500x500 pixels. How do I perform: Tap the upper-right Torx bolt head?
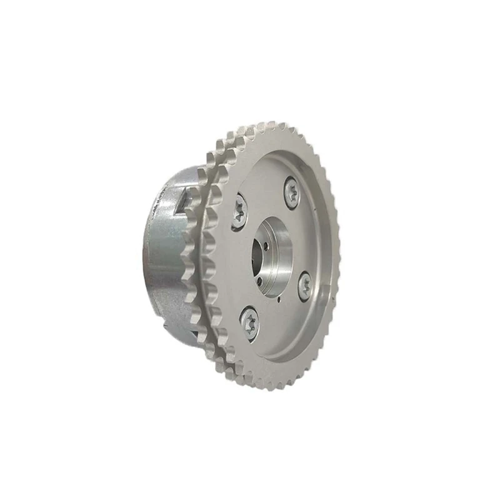coord(292,193)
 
